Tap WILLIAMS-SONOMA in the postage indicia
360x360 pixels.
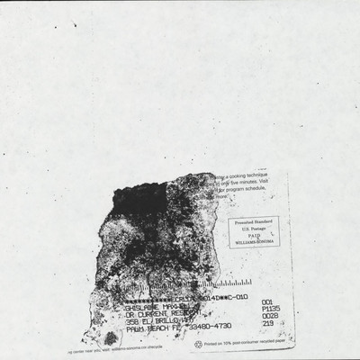(255, 243)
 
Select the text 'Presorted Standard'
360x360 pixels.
(255, 220)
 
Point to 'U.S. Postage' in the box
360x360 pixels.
(255, 229)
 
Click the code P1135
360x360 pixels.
(271, 308)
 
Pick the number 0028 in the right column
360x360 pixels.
(270, 316)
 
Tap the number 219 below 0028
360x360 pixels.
(267, 324)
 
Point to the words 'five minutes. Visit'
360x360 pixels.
(247, 183)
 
